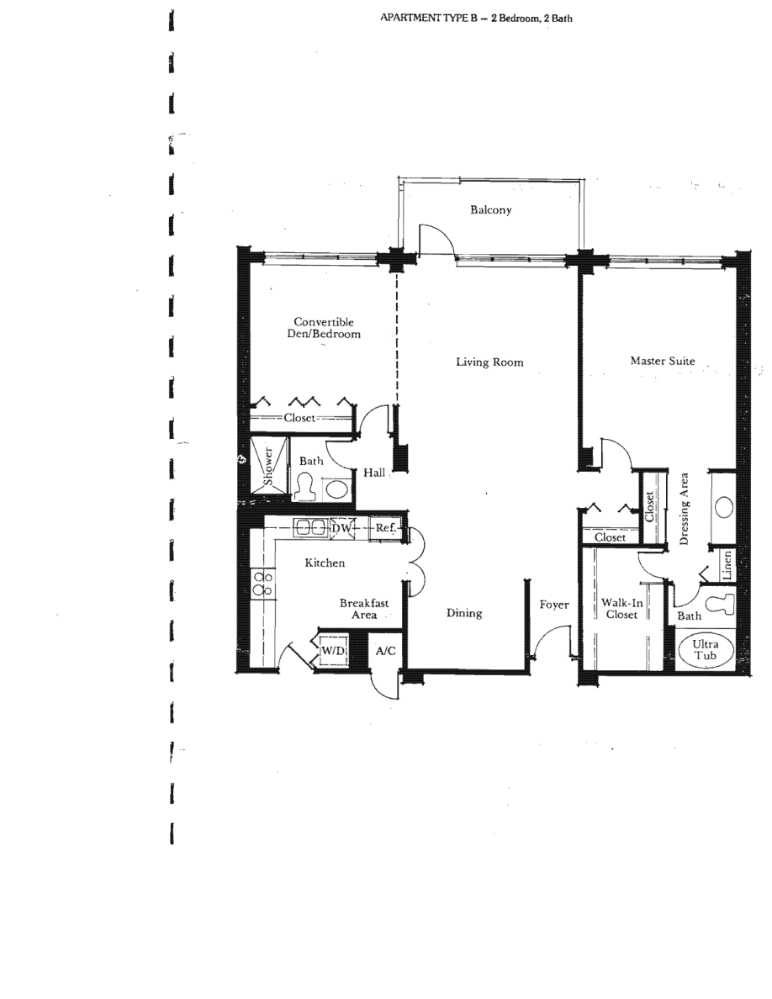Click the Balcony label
point(490,209)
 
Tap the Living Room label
point(489,362)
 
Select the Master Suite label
point(663,361)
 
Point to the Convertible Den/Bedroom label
point(324,327)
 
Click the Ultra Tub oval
point(705,649)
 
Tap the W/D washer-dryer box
point(333,651)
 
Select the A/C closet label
point(385,651)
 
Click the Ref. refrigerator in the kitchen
point(385,528)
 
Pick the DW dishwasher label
point(341,528)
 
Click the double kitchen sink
point(310,527)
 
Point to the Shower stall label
point(268,466)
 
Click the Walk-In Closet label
point(621,609)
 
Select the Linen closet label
point(727,565)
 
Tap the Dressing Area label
point(684,509)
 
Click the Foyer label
point(554,605)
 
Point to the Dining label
point(463,613)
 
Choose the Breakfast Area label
point(363,609)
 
